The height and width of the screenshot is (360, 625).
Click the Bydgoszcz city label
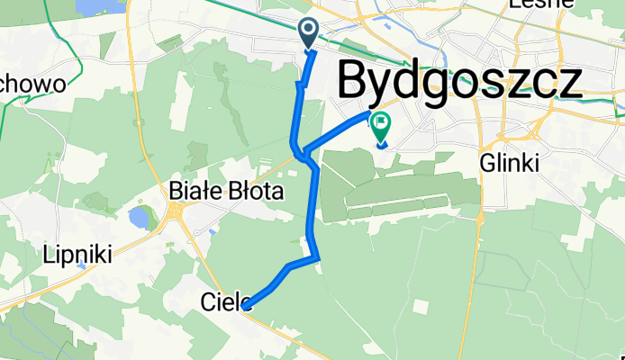pos(459,83)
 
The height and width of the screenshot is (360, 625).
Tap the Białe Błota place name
pos(227,191)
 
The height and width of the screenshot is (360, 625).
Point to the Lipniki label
pos(77,255)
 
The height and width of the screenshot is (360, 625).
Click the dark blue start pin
pos(308,34)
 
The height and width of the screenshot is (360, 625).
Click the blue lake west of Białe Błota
pos(140,217)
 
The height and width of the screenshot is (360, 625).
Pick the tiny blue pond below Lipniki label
pos(81,267)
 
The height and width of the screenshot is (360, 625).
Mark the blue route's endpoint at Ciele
pos(246,306)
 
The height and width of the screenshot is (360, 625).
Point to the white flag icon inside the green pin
pos(380,121)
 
